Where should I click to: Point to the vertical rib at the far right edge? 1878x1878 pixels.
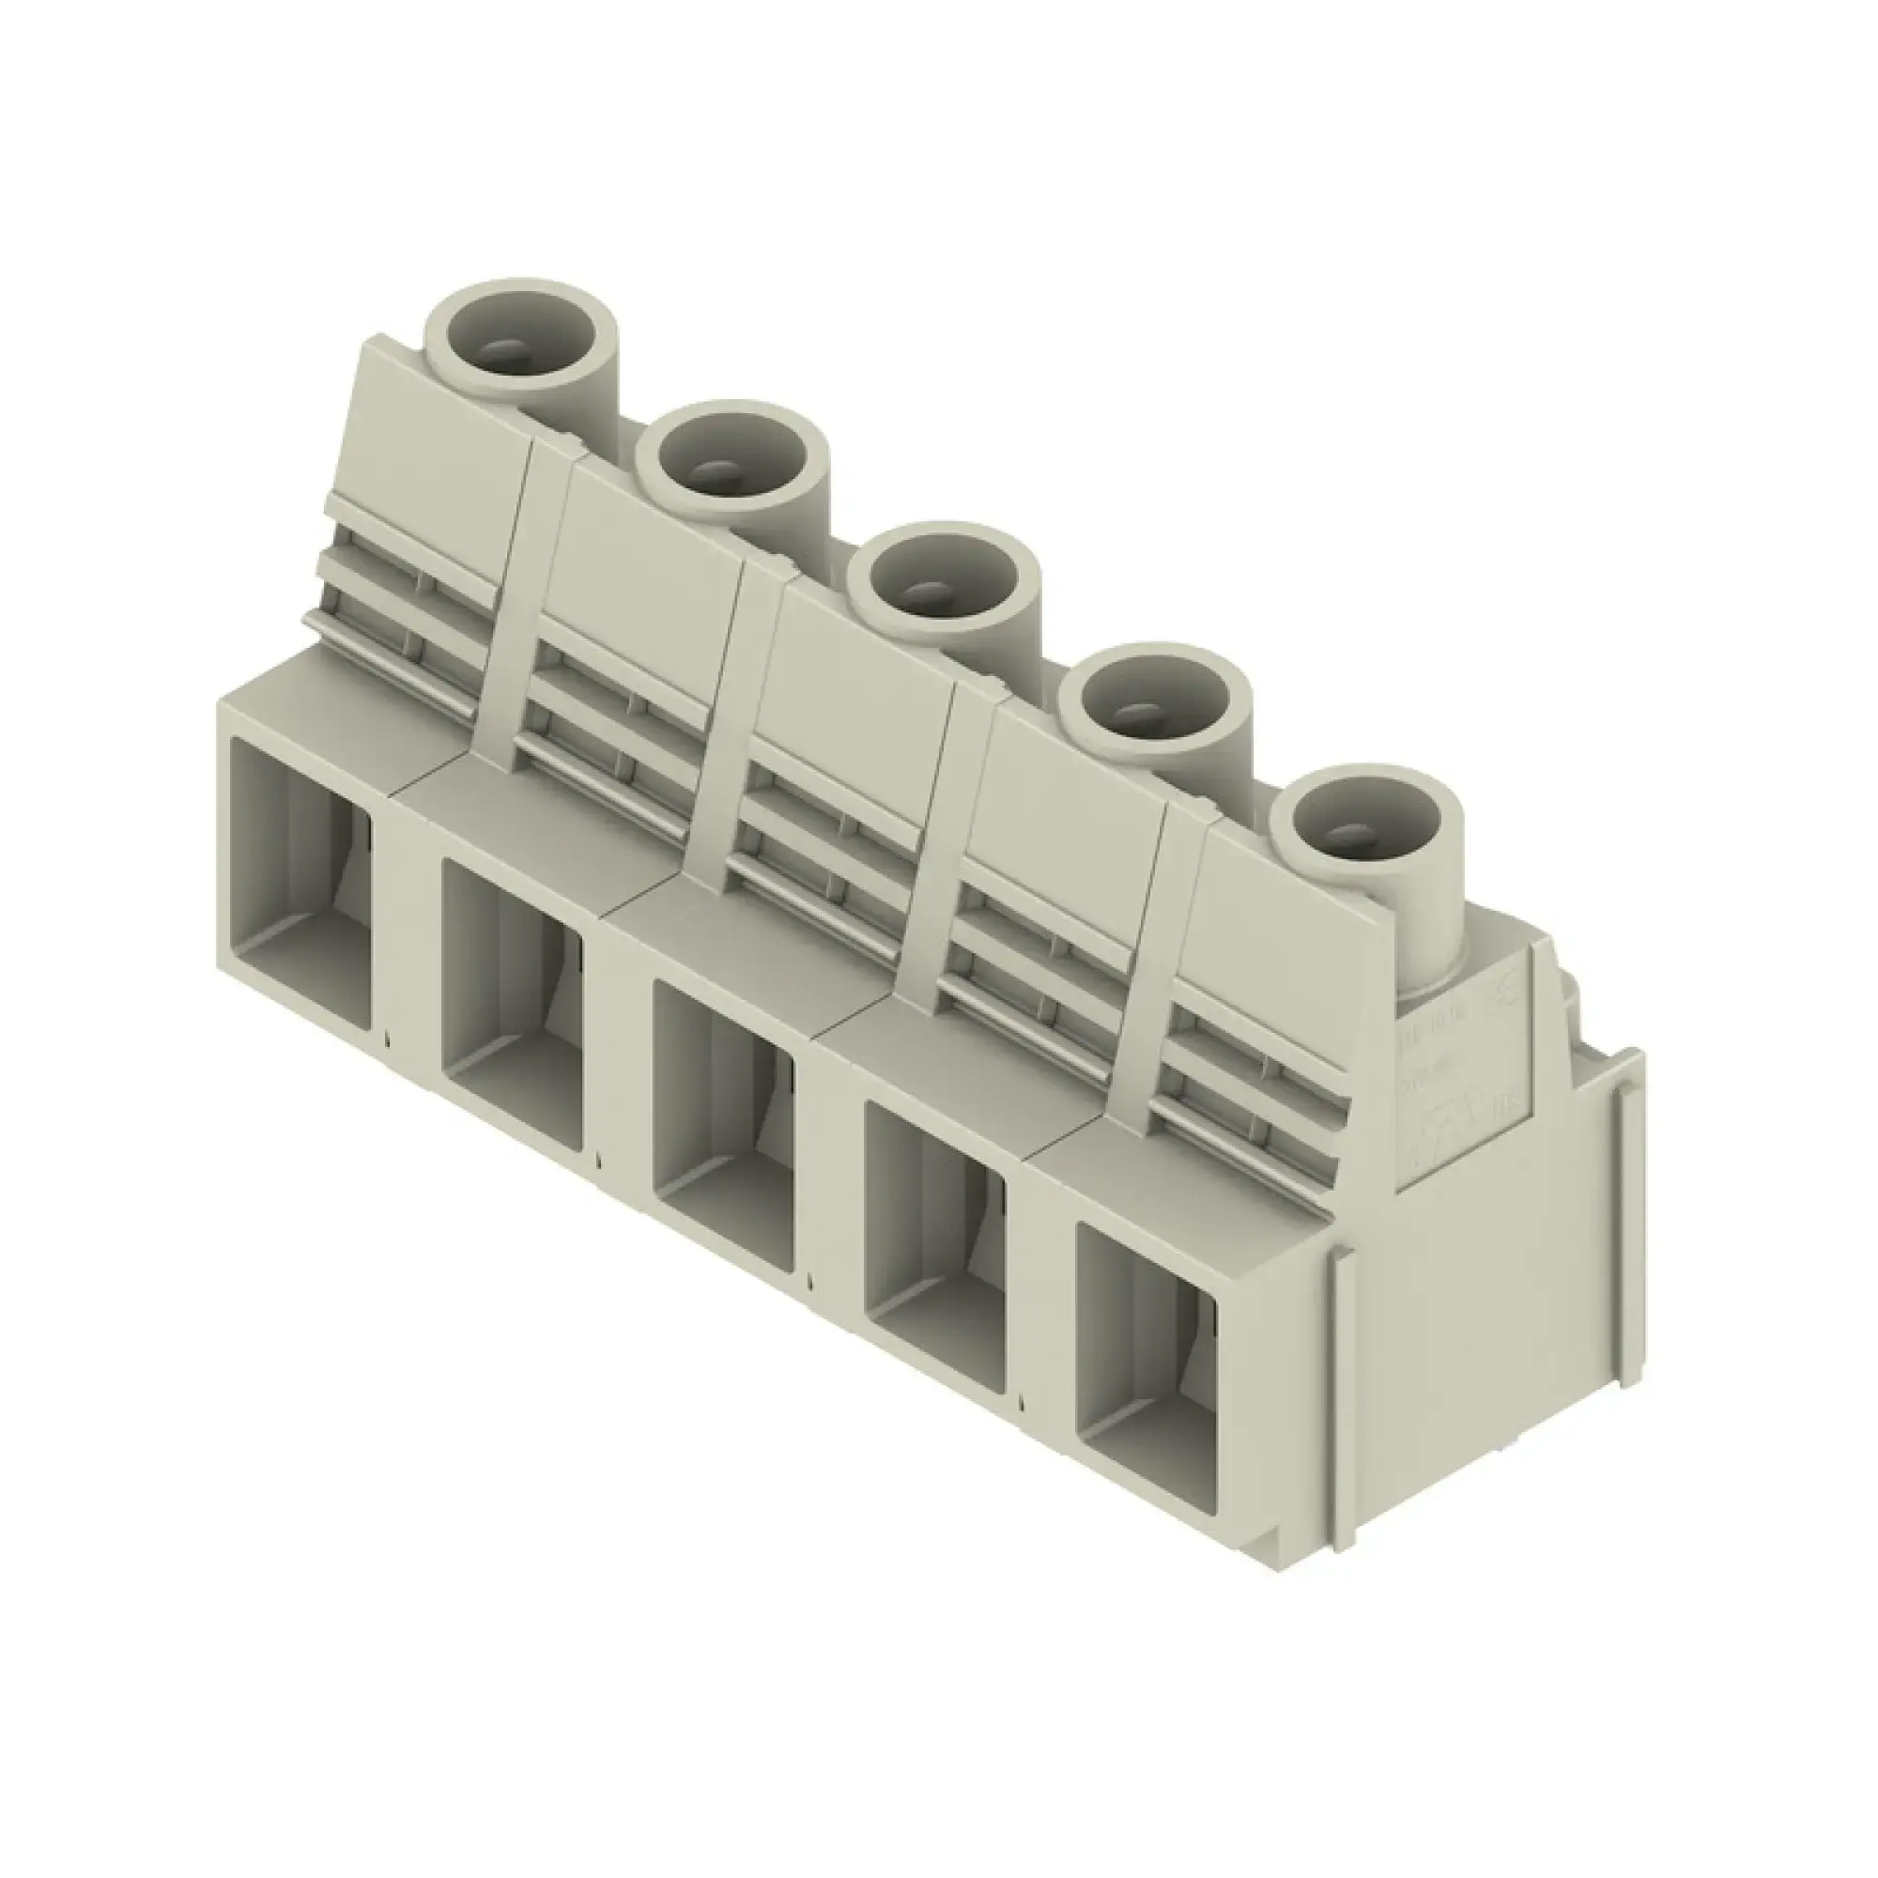click(1621, 1166)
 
